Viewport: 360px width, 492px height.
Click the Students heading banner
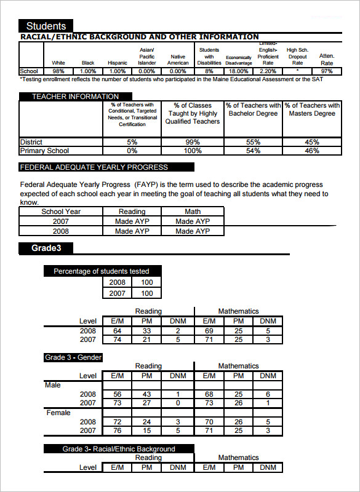[x=46, y=26]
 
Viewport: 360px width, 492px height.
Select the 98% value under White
[x=58, y=71]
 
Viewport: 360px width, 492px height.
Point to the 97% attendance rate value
[x=327, y=71]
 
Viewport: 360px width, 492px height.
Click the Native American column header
[x=178, y=60]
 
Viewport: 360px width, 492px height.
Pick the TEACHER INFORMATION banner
[x=75, y=97]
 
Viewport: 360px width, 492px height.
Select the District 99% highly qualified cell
[x=193, y=142]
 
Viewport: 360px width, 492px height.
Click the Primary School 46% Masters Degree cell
[x=312, y=151]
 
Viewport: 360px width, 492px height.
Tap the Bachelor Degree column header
[x=253, y=109]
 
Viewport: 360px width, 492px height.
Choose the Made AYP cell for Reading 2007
[x=132, y=221]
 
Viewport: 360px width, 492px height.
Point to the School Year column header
[x=61, y=212]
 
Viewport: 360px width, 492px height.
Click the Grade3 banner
[x=46, y=248]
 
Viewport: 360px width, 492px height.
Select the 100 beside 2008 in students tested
[x=147, y=282]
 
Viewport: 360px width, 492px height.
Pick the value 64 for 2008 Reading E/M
[x=118, y=331]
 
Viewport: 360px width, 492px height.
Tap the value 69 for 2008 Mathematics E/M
[x=209, y=331]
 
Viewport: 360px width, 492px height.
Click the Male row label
[x=53, y=385]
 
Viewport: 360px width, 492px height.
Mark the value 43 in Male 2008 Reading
[x=146, y=394]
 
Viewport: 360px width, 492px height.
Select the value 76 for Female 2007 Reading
[x=118, y=430]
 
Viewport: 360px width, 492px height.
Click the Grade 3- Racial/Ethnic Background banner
[x=119, y=449]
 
